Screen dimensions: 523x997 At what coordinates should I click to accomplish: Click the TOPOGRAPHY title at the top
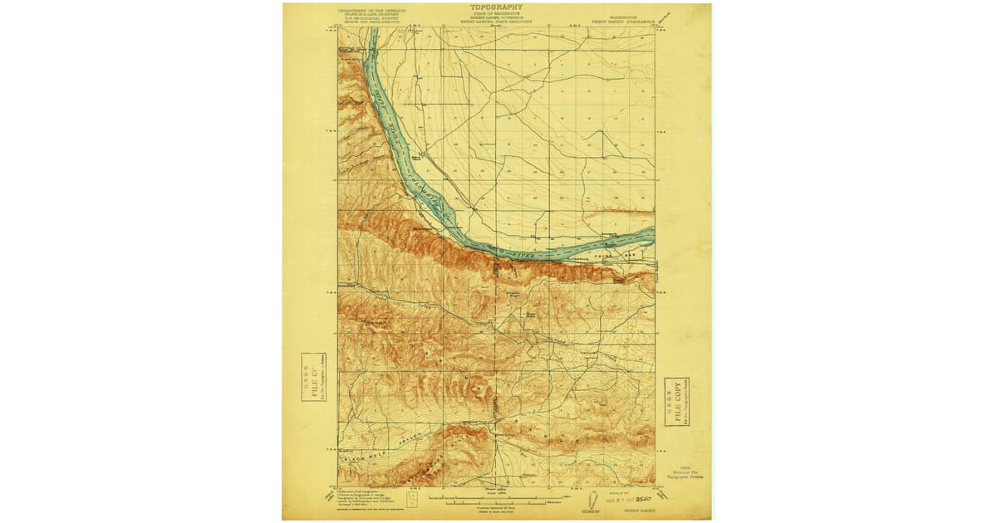(x=496, y=7)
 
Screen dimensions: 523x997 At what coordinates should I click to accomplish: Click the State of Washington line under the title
(x=496, y=13)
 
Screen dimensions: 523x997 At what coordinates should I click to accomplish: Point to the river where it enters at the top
(x=373, y=33)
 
